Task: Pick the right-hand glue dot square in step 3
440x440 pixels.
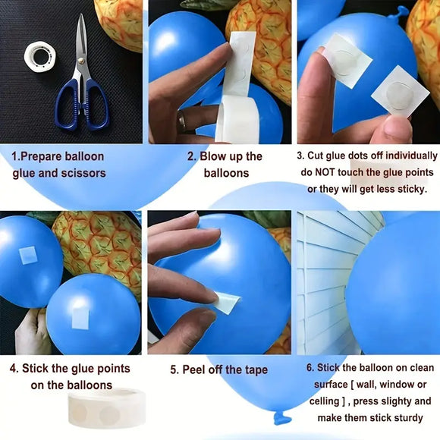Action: [x=400, y=92]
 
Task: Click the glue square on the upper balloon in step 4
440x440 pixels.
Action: [x=29, y=254]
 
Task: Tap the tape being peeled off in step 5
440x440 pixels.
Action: [x=226, y=303]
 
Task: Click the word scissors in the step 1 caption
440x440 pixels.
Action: [x=83, y=173]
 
